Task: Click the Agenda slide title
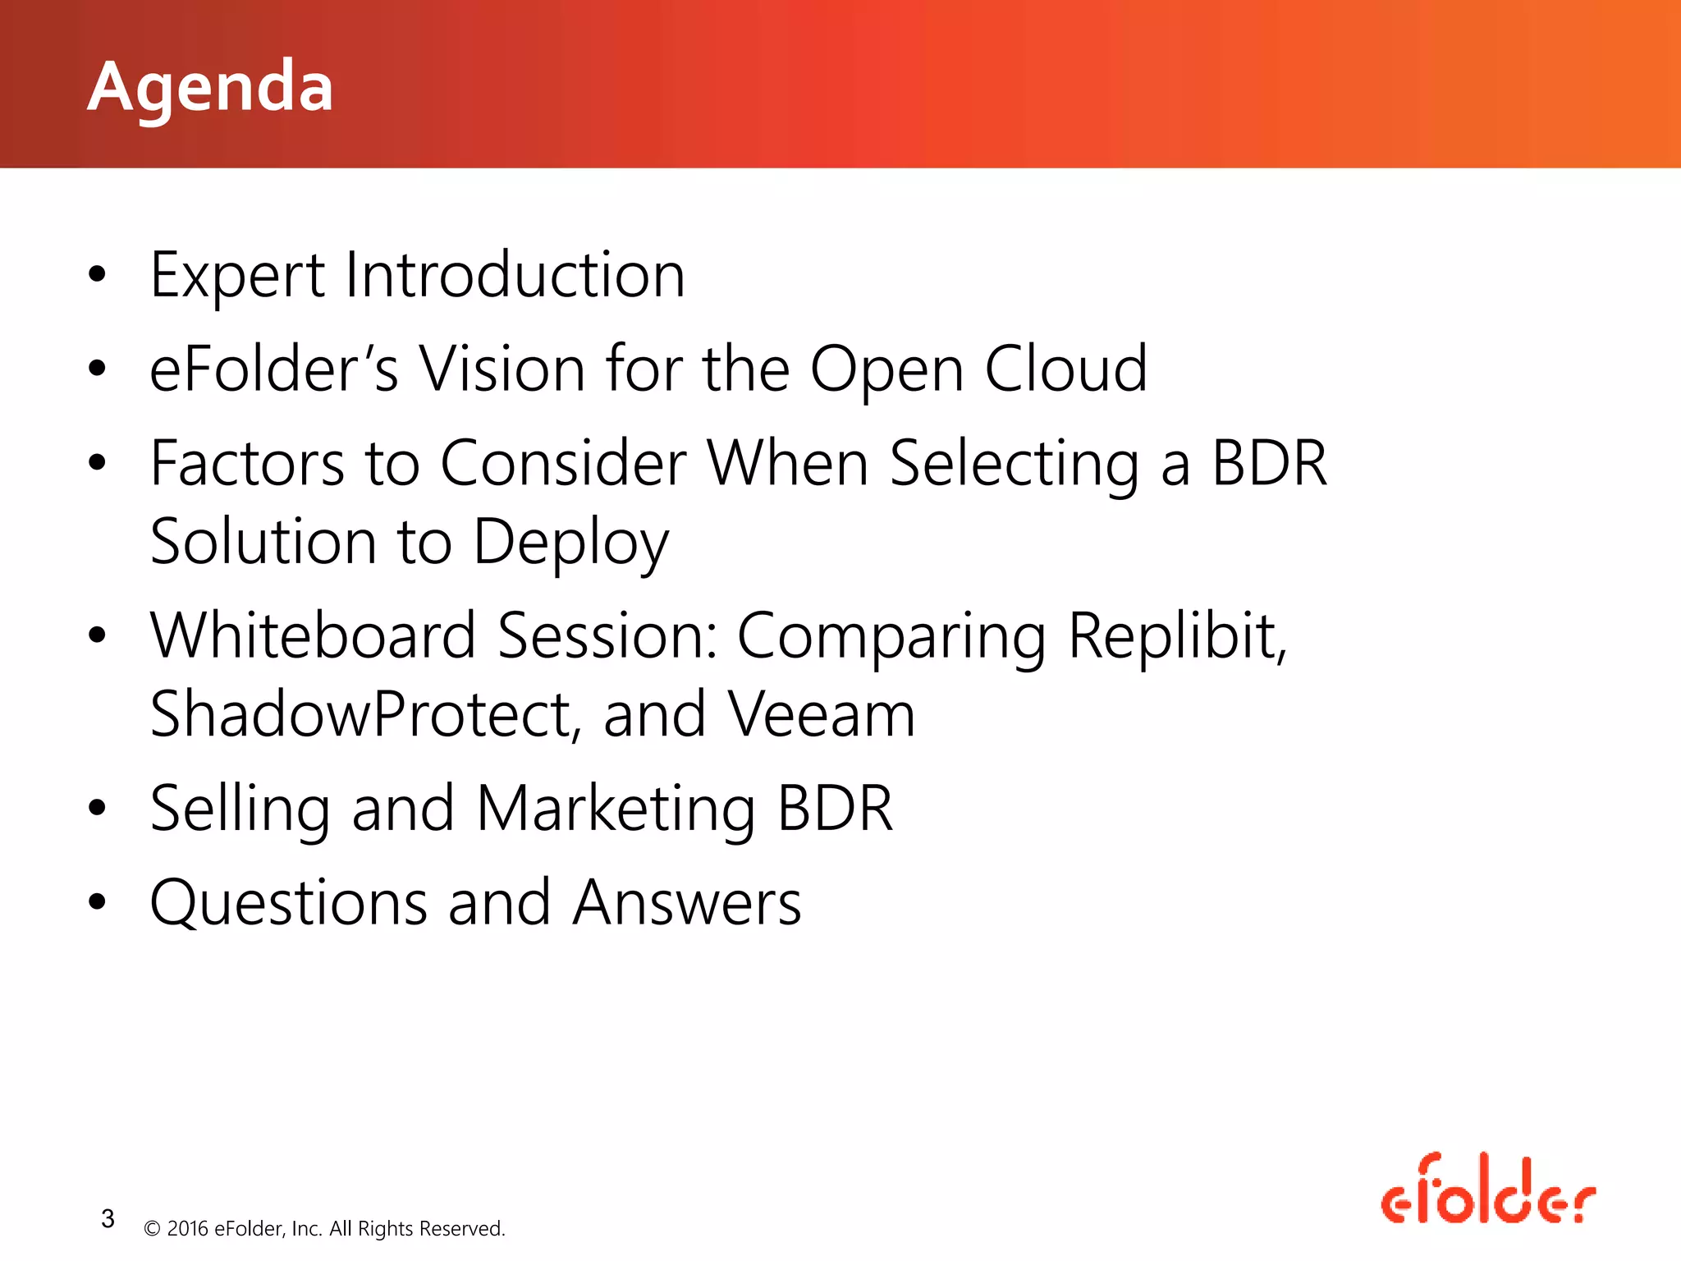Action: click(x=210, y=87)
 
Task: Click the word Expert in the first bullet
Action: click(x=237, y=276)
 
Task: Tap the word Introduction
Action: click(x=515, y=275)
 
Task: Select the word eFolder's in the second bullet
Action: click(x=273, y=369)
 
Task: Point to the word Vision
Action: click(x=502, y=369)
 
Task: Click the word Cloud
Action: click(x=1065, y=369)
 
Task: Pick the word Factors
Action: click(x=247, y=464)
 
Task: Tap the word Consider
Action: click(x=563, y=464)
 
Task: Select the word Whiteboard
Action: click(x=313, y=636)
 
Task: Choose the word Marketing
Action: click(x=616, y=809)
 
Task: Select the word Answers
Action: click(x=687, y=903)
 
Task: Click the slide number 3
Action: click(x=108, y=1219)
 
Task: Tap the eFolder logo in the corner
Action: click(x=1487, y=1190)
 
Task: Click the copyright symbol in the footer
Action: click(x=152, y=1229)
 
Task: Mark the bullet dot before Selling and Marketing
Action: click(x=98, y=809)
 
